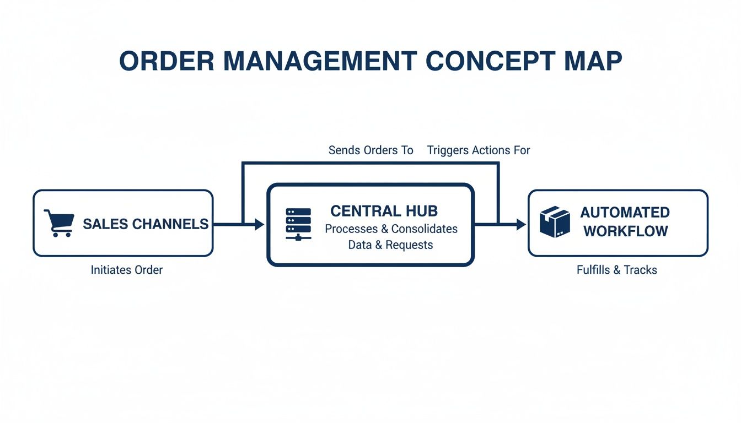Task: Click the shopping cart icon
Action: pos(59,222)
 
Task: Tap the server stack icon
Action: pos(298,223)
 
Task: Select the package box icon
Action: pos(554,222)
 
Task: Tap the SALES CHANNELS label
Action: pos(146,224)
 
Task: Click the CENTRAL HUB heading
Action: pos(384,210)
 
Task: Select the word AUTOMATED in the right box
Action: pos(625,212)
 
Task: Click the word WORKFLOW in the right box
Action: pos(625,231)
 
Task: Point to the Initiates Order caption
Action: pos(127,270)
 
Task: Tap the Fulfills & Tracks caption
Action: pos(616,270)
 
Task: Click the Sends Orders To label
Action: pos(370,150)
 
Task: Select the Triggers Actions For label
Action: pos(478,150)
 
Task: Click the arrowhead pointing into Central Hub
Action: pos(260,224)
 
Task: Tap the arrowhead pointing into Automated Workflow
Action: pos(520,224)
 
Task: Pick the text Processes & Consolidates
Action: pos(391,229)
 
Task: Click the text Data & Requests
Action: pos(390,245)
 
